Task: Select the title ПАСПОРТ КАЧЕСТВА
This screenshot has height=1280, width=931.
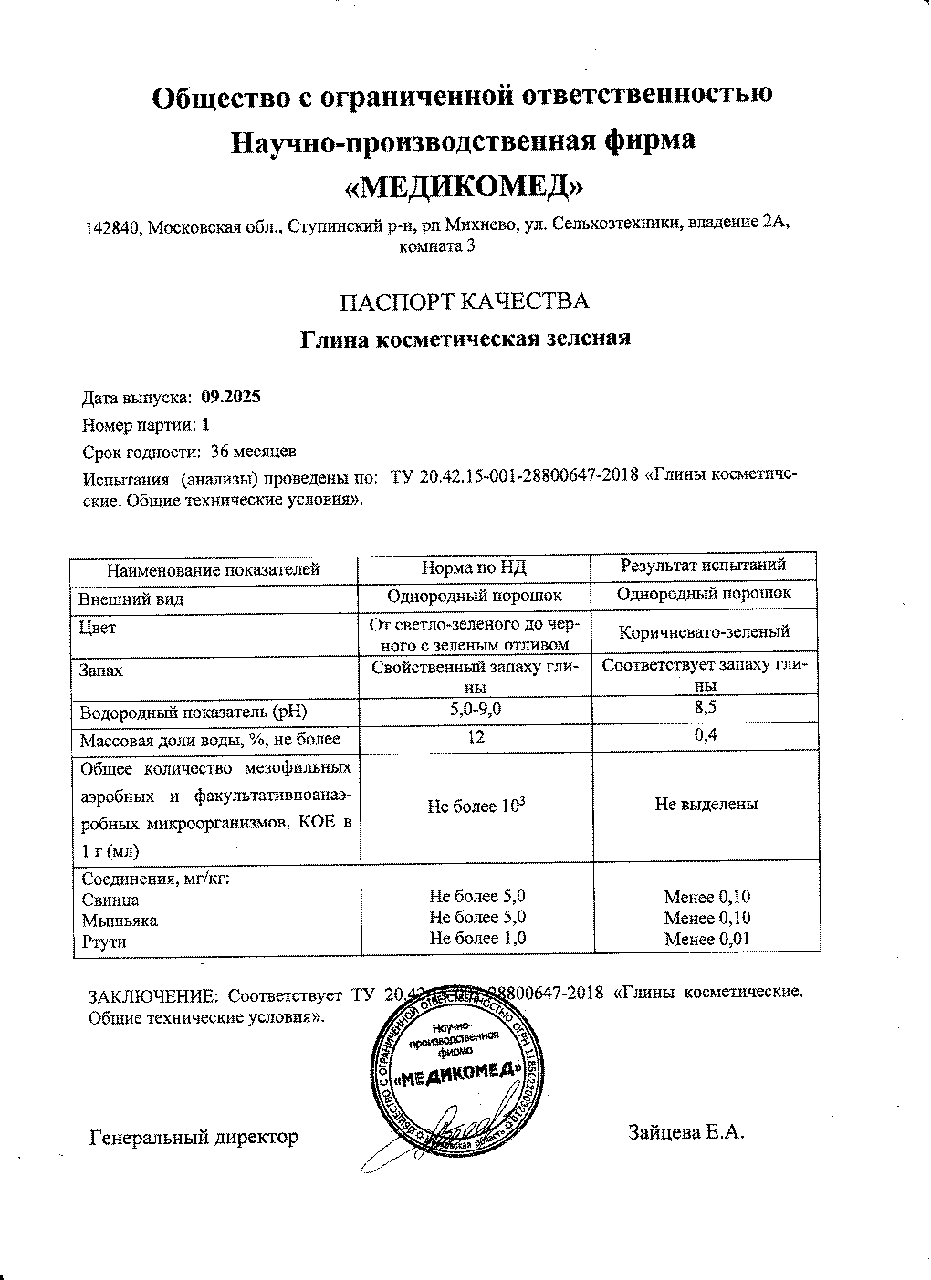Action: (464, 302)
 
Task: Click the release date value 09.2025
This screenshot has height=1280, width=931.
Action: (231, 397)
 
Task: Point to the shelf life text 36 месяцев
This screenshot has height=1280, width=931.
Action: (253, 452)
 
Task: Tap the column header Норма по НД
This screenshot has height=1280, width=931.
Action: (475, 569)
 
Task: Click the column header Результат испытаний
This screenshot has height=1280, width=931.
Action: (704, 566)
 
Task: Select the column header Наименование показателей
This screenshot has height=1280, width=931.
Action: (214, 570)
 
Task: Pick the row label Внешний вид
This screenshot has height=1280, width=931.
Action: (132, 599)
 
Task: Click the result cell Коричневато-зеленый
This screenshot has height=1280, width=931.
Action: (704, 631)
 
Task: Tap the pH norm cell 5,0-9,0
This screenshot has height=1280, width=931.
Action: (475, 709)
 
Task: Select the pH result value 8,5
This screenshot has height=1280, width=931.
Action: (704, 706)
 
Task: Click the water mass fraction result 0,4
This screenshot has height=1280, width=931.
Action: (704, 736)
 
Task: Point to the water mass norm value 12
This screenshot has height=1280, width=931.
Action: (475, 738)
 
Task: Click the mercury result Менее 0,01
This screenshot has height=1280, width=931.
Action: (707, 940)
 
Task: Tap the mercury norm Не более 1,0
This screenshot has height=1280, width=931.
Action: (477, 938)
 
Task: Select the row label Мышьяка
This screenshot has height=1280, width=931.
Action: (120, 921)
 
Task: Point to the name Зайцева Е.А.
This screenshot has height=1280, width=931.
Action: (686, 1133)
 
